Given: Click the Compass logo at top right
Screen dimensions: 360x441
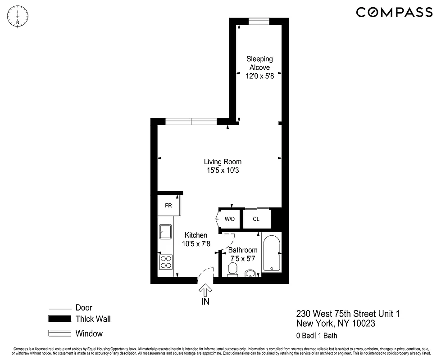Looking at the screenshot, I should click(394, 12).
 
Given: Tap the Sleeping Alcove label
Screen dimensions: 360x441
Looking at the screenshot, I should click(259, 63).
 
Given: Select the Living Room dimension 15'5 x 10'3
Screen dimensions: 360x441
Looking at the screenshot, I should click(223, 170).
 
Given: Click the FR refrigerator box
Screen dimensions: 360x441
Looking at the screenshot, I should click(168, 206).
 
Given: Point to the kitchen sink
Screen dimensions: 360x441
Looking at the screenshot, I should click(165, 232).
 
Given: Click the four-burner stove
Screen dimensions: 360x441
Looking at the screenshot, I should click(166, 262).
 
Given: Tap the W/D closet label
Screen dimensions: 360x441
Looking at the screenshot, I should click(230, 219).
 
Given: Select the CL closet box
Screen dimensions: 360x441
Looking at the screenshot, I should click(256, 219).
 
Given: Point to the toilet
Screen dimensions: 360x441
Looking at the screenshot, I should click(232, 270).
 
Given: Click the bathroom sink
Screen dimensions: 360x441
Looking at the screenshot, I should click(251, 273).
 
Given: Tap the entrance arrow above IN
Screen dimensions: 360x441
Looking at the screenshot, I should click(205, 290).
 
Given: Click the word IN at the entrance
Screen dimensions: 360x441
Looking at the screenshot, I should click(205, 301).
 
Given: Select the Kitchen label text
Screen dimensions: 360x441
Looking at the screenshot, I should click(196, 235).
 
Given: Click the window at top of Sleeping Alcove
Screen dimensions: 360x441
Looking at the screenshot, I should click(259, 21).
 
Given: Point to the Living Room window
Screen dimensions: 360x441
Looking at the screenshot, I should click(191, 121).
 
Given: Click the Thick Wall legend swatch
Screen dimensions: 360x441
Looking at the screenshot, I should click(60, 319).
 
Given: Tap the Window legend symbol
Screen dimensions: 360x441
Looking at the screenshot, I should click(60, 333).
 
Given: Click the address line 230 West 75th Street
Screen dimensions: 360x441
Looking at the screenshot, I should click(347, 314).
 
